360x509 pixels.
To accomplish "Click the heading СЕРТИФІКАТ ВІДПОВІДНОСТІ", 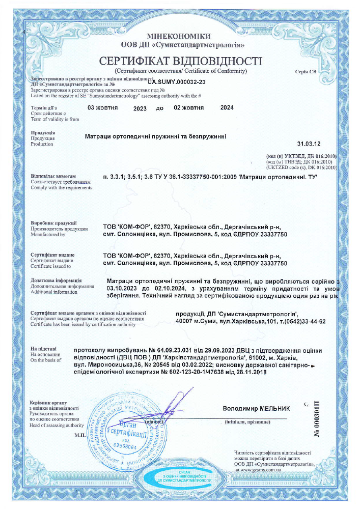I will tap(180, 61).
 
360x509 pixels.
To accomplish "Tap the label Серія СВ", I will tap(306, 72).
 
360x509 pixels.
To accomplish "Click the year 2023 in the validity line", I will tap(140, 108).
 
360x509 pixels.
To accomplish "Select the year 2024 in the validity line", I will tap(227, 108).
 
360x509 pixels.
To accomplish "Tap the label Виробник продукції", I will tap(53, 223).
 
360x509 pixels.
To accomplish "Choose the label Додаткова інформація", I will tap(56, 280).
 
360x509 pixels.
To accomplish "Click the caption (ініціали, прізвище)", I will tap(247, 422).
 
